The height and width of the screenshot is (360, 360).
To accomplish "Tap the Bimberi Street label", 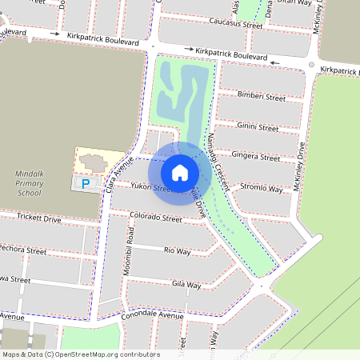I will (x=261, y=98).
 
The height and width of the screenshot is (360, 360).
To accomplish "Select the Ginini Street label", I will (x=258, y=127).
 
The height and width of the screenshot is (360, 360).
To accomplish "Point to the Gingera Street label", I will (x=254, y=154).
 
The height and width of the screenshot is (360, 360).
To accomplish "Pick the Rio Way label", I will (x=177, y=251).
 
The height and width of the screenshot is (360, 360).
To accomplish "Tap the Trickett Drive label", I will (x=38, y=218).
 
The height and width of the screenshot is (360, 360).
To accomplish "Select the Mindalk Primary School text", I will (x=28, y=183).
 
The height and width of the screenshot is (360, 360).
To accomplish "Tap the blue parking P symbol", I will (x=86, y=184).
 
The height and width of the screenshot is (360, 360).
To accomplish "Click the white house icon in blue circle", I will (x=180, y=172).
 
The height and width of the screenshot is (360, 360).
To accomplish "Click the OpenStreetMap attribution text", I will (x=80, y=354).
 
